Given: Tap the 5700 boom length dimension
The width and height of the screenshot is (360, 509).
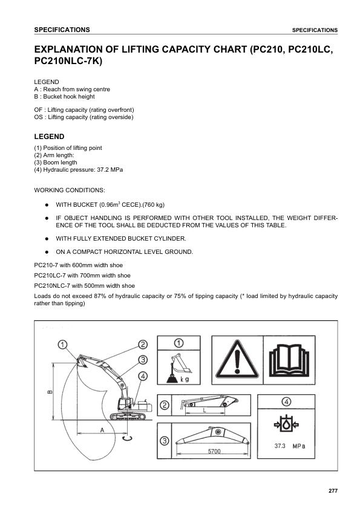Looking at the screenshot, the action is [x=214, y=452].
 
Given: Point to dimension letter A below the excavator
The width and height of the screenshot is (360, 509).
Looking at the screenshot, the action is [x=102, y=429].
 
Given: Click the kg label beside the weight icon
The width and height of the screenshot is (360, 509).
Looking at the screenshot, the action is [x=185, y=379].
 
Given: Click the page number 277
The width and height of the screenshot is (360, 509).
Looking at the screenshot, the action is [x=332, y=490].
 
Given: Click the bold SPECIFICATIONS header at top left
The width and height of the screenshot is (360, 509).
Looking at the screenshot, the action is [x=62, y=30].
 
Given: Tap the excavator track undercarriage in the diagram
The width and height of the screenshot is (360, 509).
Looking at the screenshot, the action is [x=129, y=415].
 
